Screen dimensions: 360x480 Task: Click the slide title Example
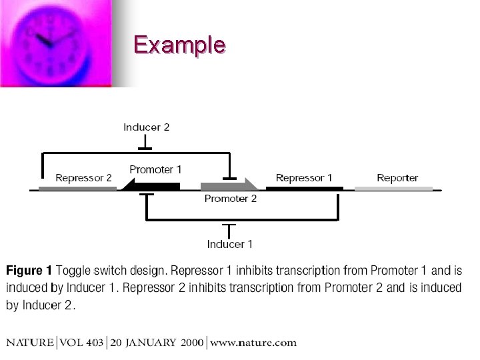pyautogui.click(x=179, y=45)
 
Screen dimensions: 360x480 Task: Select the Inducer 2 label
pyautogui.click(x=147, y=127)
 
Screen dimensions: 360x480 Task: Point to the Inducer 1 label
pyautogui.click(x=229, y=244)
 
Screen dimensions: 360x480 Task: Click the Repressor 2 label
pyautogui.click(x=83, y=178)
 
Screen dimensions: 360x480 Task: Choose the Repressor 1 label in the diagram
pyautogui.click(x=304, y=178)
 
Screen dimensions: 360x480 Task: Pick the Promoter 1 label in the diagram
pyautogui.click(x=155, y=170)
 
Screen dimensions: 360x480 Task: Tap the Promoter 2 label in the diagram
pyautogui.click(x=231, y=199)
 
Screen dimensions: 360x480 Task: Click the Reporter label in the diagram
pyautogui.click(x=397, y=178)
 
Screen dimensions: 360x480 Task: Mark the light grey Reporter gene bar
pyautogui.click(x=393, y=189)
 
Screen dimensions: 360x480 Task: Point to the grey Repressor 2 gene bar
pyautogui.click(x=77, y=189)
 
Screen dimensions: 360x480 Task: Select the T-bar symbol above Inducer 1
pyautogui.click(x=229, y=230)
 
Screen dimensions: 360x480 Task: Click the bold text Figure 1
pyautogui.click(x=29, y=271)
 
